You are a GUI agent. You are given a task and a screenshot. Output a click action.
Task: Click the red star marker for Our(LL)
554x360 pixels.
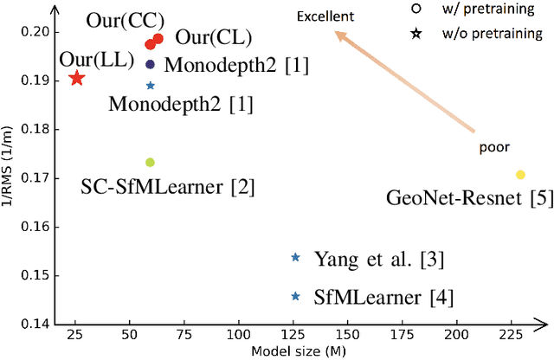pyautogui.click(x=76, y=79)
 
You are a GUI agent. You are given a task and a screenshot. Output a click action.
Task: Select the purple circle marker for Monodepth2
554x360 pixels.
pyautogui.click(x=151, y=64)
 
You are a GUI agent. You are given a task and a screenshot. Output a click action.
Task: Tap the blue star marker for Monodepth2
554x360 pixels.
pyautogui.click(x=151, y=86)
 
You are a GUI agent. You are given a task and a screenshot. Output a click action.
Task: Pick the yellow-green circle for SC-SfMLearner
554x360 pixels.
pyautogui.click(x=150, y=163)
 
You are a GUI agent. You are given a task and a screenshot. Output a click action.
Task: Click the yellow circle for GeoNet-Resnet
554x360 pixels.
pyautogui.click(x=520, y=175)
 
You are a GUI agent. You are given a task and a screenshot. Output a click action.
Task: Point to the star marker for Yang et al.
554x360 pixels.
pyautogui.click(x=295, y=257)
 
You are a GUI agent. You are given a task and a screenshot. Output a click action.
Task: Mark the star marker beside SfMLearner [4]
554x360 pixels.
pyautogui.click(x=295, y=297)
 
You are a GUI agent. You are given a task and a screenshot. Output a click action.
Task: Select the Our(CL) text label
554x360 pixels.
pyautogui.click(x=213, y=38)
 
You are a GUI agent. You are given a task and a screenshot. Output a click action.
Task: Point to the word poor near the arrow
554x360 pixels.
pyautogui.click(x=492, y=148)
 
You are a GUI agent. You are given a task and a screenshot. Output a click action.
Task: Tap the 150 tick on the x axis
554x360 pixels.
pyautogui.click(x=348, y=333)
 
